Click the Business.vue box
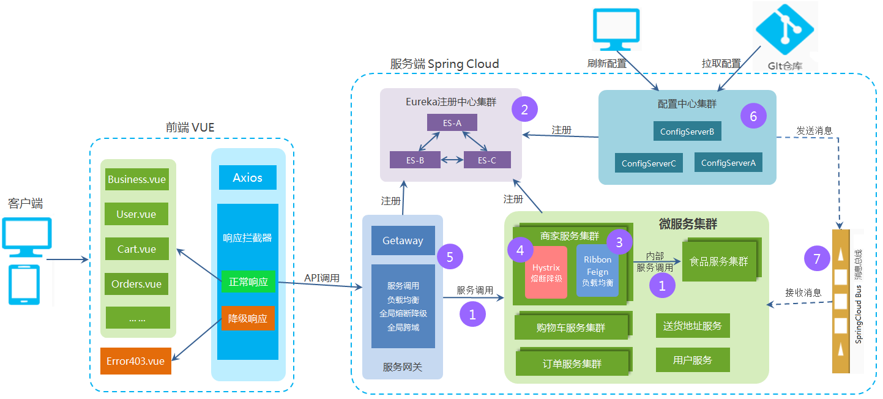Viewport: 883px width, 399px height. [136, 179]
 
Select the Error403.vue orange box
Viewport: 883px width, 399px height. [135, 361]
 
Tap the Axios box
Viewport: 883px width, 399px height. [247, 177]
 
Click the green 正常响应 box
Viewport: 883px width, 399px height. [248, 282]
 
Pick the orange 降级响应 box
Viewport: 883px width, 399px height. [248, 318]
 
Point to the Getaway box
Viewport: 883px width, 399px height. [403, 241]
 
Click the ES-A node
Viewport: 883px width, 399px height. [452, 122]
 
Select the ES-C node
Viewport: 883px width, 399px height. [487, 160]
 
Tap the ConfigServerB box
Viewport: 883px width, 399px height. [687, 131]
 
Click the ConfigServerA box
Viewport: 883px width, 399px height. [728, 163]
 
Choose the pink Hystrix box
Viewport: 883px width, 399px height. [546, 272]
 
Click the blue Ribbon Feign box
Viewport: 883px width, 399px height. [597, 271]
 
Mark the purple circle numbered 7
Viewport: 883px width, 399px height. [816, 258]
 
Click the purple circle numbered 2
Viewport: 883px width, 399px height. [524, 110]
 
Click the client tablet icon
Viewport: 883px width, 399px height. [23, 285]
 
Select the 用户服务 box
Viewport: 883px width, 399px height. [693, 360]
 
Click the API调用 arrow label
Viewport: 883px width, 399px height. [322, 278]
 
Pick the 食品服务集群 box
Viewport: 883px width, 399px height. [718, 261]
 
